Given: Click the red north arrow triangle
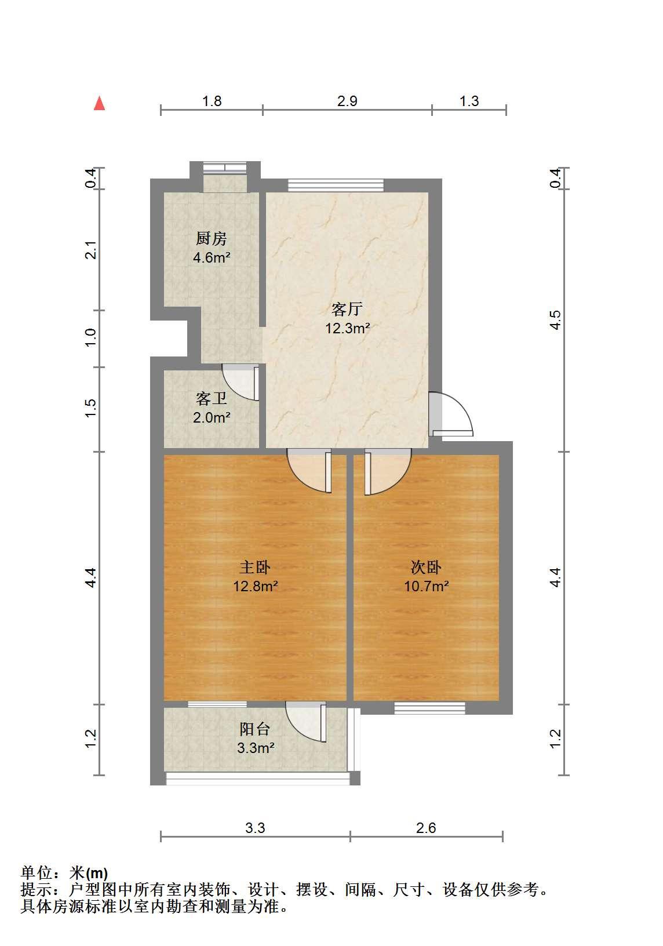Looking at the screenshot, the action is pyautogui.click(x=99, y=103).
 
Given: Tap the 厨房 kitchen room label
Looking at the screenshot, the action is pyautogui.click(x=211, y=239).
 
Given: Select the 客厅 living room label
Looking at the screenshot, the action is pyautogui.click(x=347, y=309).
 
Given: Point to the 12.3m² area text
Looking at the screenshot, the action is pyautogui.click(x=348, y=328).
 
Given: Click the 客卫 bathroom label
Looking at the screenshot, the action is pyautogui.click(x=211, y=398).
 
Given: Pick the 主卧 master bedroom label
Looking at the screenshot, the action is pyautogui.click(x=255, y=567).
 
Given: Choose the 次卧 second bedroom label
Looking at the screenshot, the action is pyautogui.click(x=426, y=567).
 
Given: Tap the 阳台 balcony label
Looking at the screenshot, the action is pyautogui.click(x=255, y=729).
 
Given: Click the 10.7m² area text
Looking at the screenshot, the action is pyautogui.click(x=427, y=586).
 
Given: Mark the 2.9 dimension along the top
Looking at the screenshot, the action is pyautogui.click(x=347, y=101).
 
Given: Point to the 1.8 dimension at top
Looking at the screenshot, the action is pyautogui.click(x=212, y=101).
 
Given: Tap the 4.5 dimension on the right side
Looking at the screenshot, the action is pyautogui.click(x=556, y=320).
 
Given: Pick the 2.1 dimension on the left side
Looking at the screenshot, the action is pyautogui.click(x=91, y=250).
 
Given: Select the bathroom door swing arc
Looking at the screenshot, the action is pyautogui.click(x=234, y=389).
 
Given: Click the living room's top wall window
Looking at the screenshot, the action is pyautogui.click(x=336, y=185).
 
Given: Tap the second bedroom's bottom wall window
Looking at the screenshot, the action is pyautogui.click(x=430, y=708).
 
